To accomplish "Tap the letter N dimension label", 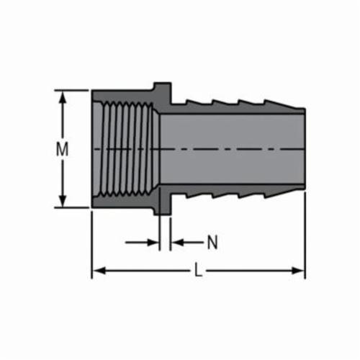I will (212, 243).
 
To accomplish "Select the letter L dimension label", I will (198, 271).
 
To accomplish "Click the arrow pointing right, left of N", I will (153, 243).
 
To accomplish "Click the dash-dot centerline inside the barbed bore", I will (230, 150).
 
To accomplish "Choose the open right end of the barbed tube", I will (304, 150).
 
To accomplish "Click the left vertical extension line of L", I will (91, 241).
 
